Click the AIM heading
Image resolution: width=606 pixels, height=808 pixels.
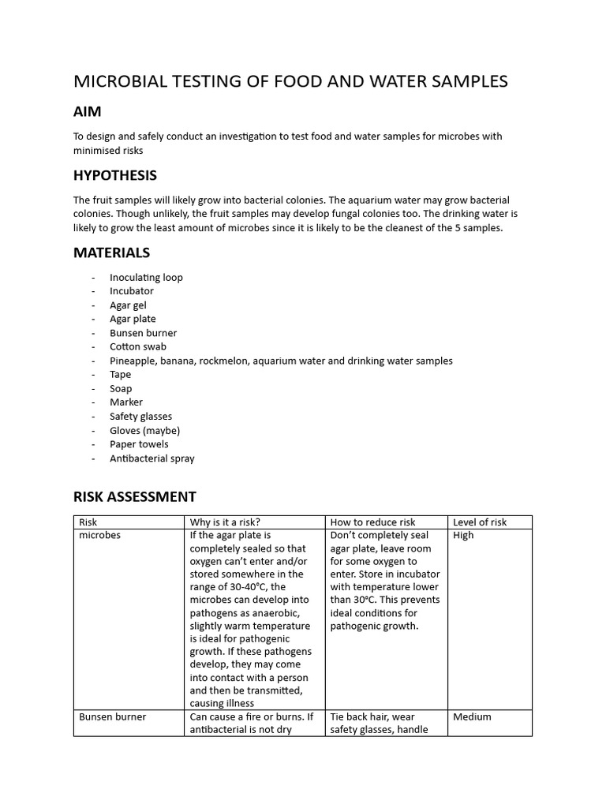coord(87,111)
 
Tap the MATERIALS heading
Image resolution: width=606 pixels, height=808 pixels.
coord(111,252)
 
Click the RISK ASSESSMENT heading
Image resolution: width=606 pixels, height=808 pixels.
coord(134,496)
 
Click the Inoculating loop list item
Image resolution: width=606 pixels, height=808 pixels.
coord(146,277)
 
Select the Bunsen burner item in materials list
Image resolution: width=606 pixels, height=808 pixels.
coord(143,333)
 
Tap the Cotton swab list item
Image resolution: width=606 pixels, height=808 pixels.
coord(137,346)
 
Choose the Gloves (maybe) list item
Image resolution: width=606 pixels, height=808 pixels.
coord(144,430)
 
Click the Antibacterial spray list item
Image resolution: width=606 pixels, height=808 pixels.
coord(151,458)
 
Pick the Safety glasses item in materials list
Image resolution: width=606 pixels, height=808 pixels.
coord(140,417)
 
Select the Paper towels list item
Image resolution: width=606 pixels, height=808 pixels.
coord(139,444)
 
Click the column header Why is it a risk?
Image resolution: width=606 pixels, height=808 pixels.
coord(224,522)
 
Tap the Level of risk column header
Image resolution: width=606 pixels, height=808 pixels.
coord(479,522)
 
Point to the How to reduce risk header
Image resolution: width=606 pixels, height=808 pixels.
coord(372,522)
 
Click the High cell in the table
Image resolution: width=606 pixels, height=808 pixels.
coord(463,536)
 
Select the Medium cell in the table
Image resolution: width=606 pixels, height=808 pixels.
coord(472,717)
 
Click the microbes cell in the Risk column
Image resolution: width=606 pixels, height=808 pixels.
coord(99,536)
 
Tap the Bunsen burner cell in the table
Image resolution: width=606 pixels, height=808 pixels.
coord(112,717)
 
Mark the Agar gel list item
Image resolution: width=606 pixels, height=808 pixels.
coord(128,305)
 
